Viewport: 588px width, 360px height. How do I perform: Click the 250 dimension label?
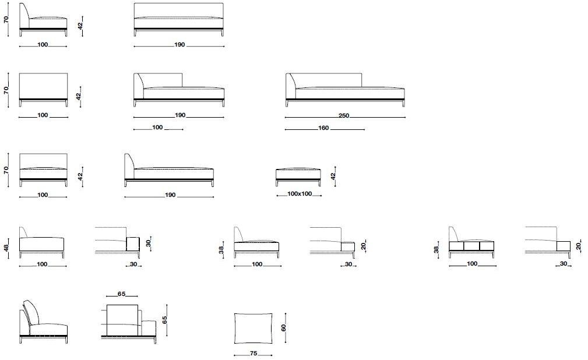point(344,115)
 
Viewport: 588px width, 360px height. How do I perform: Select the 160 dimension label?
point(323,128)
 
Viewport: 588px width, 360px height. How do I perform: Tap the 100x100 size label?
point(300,194)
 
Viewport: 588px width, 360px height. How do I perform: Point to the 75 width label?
point(253,353)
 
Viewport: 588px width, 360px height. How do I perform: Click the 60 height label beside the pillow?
point(283,327)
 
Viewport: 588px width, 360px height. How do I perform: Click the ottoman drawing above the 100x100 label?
point(298,177)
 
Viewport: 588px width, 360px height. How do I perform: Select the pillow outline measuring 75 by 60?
point(253,329)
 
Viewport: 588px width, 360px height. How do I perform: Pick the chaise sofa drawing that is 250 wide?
point(345,90)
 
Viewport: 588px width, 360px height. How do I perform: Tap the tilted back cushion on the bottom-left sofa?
point(31,312)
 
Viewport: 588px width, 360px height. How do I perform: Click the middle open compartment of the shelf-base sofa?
point(471,246)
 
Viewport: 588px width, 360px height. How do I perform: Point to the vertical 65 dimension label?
point(164,320)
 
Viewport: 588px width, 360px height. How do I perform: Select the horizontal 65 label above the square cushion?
point(121,294)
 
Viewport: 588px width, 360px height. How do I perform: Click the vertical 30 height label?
point(149,243)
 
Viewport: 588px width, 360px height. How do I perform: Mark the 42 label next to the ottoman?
point(333,177)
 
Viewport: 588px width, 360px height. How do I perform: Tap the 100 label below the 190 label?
point(157,128)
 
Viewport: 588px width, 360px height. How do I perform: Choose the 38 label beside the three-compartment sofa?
point(436,249)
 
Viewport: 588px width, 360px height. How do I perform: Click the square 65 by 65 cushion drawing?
point(122,320)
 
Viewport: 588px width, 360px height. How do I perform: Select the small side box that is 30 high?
point(133,243)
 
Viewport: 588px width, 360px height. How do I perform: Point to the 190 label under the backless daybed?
point(170,195)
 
